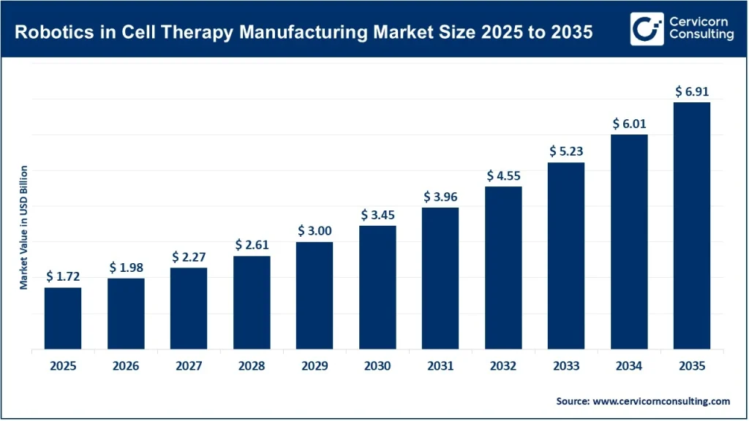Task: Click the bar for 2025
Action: pyautogui.click(x=63, y=318)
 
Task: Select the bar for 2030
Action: pyautogui.click(x=377, y=287)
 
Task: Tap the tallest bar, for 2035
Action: pyautogui.click(x=691, y=225)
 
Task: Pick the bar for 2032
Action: pyautogui.click(x=503, y=268)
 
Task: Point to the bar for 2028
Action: pyautogui.click(x=252, y=302)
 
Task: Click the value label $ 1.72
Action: pyautogui.click(x=63, y=276)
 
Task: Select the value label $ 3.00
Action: pyautogui.click(x=315, y=230)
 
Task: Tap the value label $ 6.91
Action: pyautogui.click(x=691, y=91)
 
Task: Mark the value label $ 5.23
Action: pyautogui.click(x=566, y=151)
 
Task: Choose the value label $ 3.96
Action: pyautogui.click(x=440, y=196)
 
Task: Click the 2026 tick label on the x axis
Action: pyautogui.click(x=126, y=365)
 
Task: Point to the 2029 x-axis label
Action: pyautogui.click(x=315, y=365)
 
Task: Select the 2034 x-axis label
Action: pyautogui.click(x=629, y=365)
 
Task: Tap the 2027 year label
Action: pyautogui.click(x=189, y=365)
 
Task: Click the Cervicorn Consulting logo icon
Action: pyautogui.click(x=647, y=29)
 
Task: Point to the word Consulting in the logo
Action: pyautogui.click(x=701, y=36)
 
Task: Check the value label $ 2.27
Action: pyautogui.click(x=189, y=257)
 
